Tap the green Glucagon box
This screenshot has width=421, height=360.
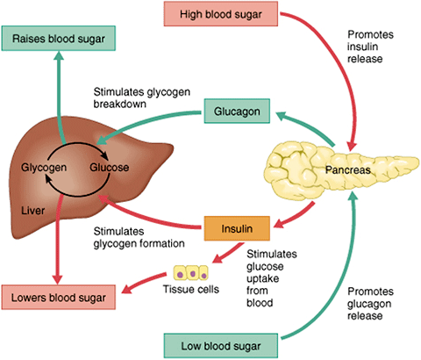click(232, 112)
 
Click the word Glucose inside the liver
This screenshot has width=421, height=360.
click(110, 166)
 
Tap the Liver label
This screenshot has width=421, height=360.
click(32, 211)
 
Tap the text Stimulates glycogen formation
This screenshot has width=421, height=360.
click(135, 238)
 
